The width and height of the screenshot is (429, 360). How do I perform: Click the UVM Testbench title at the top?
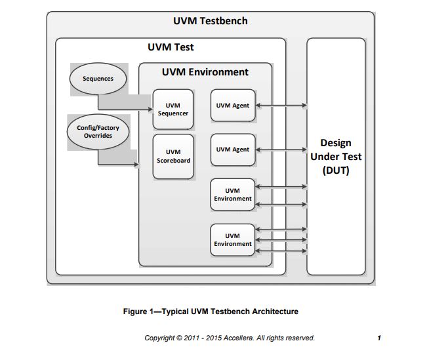coord(211,21)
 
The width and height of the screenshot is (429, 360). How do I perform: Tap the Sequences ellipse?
coord(98,79)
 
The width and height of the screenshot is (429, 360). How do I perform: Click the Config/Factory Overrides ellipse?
coord(98,132)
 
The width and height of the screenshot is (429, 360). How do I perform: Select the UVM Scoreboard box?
coord(173,157)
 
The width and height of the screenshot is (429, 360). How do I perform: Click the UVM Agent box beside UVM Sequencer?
coord(232,105)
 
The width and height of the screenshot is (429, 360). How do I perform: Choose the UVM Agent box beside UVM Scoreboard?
coord(232,150)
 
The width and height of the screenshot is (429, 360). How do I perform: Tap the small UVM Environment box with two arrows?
coord(232,195)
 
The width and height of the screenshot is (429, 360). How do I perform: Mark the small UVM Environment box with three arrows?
coord(232,240)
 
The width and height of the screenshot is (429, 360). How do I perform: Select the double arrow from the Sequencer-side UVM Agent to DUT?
coord(281,105)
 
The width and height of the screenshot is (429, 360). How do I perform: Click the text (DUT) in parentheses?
coord(335,170)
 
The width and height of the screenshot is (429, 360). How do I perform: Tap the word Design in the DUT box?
coord(335,142)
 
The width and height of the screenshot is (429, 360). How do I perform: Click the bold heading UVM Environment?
coord(205,72)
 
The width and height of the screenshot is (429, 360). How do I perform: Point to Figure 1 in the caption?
coord(140,311)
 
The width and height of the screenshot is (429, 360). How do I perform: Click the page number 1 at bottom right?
coord(379,338)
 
